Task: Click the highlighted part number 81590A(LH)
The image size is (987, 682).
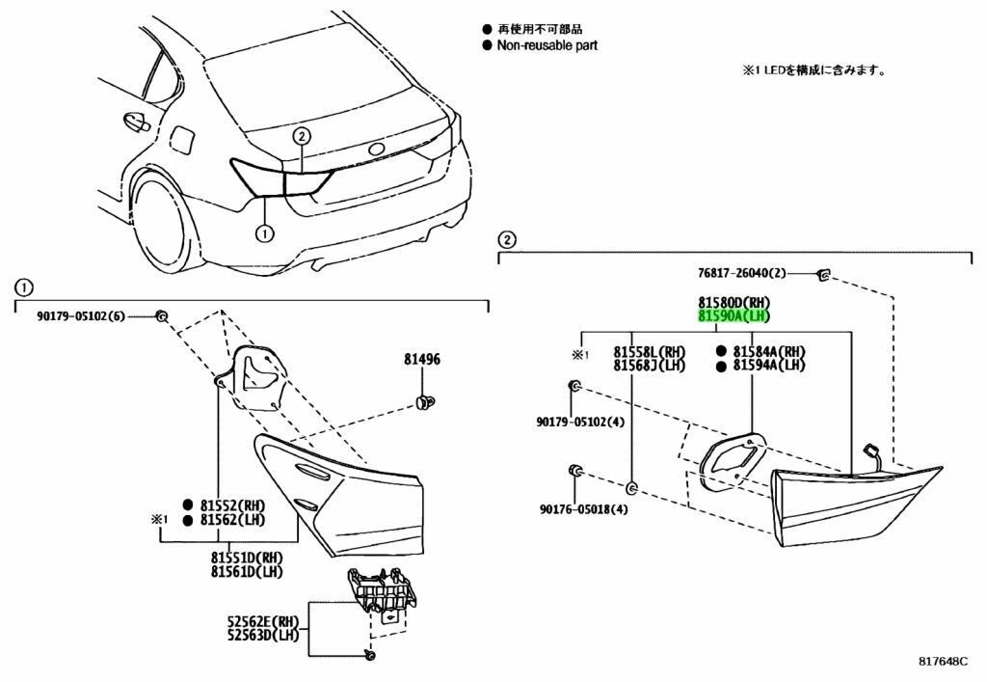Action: click(x=734, y=315)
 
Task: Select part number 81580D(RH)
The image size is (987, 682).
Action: click(x=734, y=302)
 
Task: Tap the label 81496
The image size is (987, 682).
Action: click(x=421, y=360)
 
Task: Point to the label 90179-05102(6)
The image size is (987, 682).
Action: click(x=82, y=315)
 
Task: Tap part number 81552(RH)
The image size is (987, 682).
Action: click(x=232, y=505)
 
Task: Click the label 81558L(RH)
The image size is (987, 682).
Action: click(x=648, y=351)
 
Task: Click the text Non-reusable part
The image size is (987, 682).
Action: click(x=547, y=45)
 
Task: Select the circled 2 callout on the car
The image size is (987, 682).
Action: click(x=301, y=136)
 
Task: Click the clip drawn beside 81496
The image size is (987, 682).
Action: click(x=421, y=399)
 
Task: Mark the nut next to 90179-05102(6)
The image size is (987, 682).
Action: click(x=163, y=315)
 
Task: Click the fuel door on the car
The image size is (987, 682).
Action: click(x=180, y=139)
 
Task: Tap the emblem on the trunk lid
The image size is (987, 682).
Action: click(x=376, y=150)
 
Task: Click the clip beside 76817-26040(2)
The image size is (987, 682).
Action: click(x=822, y=276)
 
